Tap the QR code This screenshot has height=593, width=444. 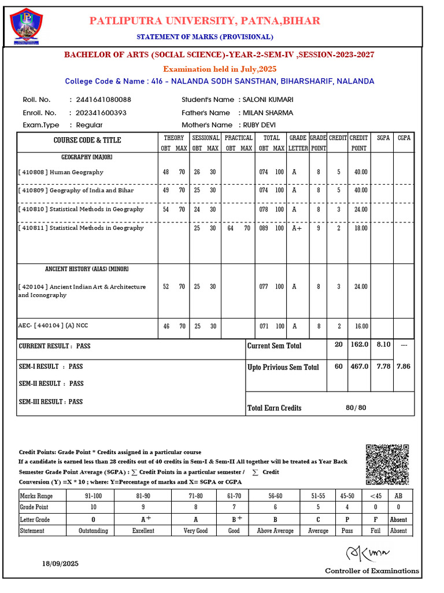pos(388,464)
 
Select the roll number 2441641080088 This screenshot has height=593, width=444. pos(100,100)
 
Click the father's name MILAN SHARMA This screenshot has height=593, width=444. pos(268,112)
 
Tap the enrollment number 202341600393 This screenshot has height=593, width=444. pos(98,112)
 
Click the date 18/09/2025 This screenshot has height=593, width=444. pos(60,563)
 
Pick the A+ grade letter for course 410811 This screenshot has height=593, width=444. pos(297,228)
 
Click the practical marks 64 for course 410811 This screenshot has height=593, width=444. pos(231,228)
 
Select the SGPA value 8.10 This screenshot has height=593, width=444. pos(383,345)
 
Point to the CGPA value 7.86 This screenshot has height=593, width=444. pos(404,367)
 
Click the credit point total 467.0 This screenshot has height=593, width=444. pos(359,367)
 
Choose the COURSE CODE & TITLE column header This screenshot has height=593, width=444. pos(87,140)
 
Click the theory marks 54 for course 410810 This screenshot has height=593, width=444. pos(166,210)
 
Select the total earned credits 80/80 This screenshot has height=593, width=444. pos(356,408)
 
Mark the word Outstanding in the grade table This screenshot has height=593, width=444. pos(93,530)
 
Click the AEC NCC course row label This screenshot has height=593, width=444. pos(53,325)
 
